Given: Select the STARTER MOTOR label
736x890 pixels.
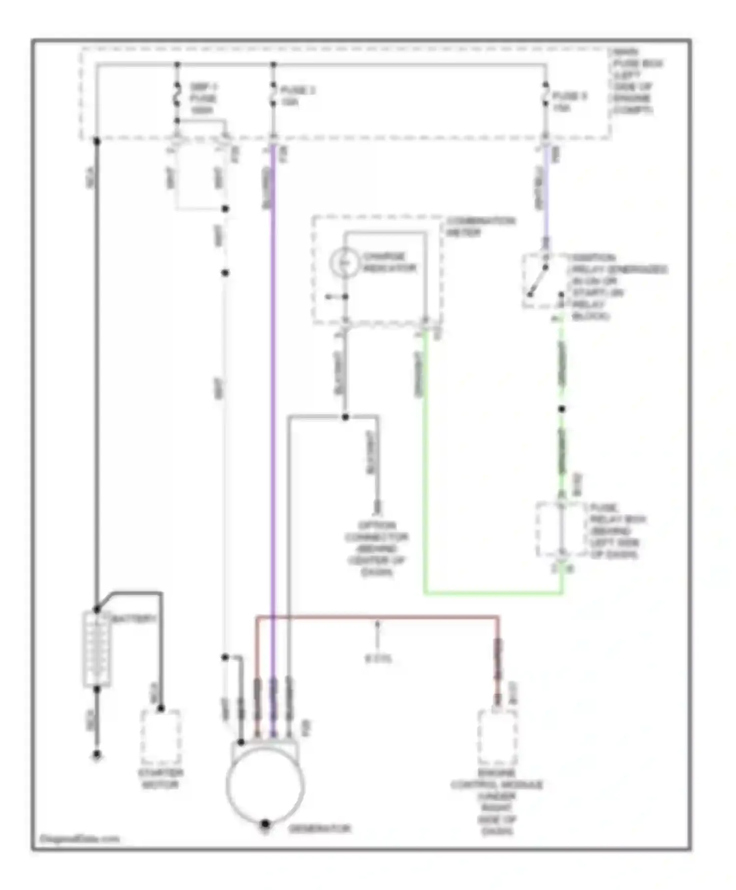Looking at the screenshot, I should click(160, 779).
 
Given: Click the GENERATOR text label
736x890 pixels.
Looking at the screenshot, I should click(319, 829).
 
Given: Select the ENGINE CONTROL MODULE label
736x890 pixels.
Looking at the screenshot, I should click(497, 802).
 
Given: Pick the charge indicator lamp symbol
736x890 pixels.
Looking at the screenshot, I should click(345, 262).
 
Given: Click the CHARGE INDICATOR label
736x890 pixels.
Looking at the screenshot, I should click(390, 262).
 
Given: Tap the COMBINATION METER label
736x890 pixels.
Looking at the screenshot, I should click(480, 226).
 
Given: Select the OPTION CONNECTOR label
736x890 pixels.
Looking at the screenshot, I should click(376, 549).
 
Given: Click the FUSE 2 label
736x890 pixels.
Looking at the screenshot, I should click(297, 96).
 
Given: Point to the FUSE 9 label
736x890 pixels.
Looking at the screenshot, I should click(569, 102).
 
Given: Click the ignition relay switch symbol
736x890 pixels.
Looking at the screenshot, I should click(540, 280).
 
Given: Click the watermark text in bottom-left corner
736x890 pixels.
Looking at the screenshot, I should click(79, 838).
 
